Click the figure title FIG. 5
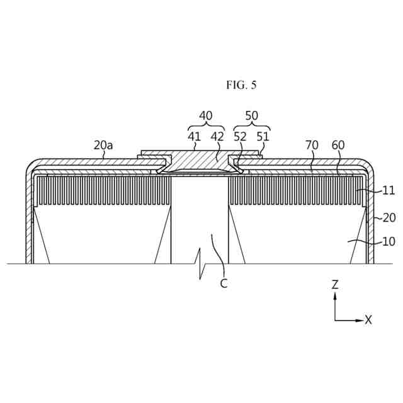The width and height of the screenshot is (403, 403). click(241, 85)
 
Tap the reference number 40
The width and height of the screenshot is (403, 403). click(206, 116)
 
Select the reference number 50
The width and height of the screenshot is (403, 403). click(251, 116)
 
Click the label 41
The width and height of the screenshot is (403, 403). click(194, 136)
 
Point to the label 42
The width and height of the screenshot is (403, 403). click(217, 136)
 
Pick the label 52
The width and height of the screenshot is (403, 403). click(240, 136)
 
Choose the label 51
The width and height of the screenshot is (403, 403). click(262, 136)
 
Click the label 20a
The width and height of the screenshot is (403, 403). click(103, 145)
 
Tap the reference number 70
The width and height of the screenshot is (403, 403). click(312, 145)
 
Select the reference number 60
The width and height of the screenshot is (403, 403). click(338, 145)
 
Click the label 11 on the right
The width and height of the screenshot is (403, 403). click(389, 190)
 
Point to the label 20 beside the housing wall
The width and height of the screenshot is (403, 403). click(389, 218)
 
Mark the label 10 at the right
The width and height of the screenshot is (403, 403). click(389, 242)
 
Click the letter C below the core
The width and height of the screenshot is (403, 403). click(224, 284)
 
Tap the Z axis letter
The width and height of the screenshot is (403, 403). click(335, 285)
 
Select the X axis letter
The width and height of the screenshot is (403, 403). click(368, 320)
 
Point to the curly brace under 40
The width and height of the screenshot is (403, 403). click(206, 126)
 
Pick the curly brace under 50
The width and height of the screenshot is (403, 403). click(251, 126)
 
